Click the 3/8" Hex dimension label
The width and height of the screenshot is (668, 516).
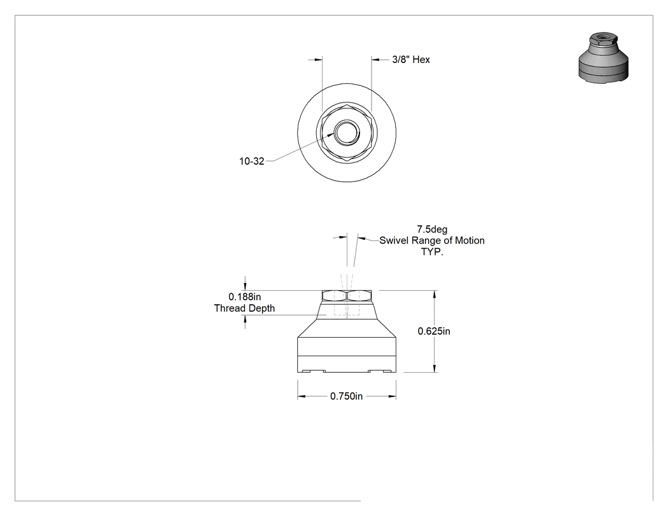pyautogui.click(x=411, y=60)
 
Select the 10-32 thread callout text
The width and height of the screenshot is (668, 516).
pyautogui.click(x=251, y=162)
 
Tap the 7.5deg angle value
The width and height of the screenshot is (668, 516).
pyautogui.click(x=432, y=229)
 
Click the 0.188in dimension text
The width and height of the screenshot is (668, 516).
pyautogui.click(x=244, y=296)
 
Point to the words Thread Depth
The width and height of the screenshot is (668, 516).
pyautogui.click(x=244, y=308)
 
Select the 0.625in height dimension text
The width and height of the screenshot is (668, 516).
pyautogui.click(x=434, y=331)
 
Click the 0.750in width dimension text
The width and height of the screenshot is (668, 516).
pyautogui.click(x=346, y=396)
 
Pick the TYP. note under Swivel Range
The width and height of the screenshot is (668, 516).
pyautogui.click(x=432, y=252)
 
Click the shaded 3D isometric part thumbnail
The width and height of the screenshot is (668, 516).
pyautogui.click(x=603, y=58)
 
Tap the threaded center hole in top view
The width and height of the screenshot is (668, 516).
pyautogui.click(x=347, y=133)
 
